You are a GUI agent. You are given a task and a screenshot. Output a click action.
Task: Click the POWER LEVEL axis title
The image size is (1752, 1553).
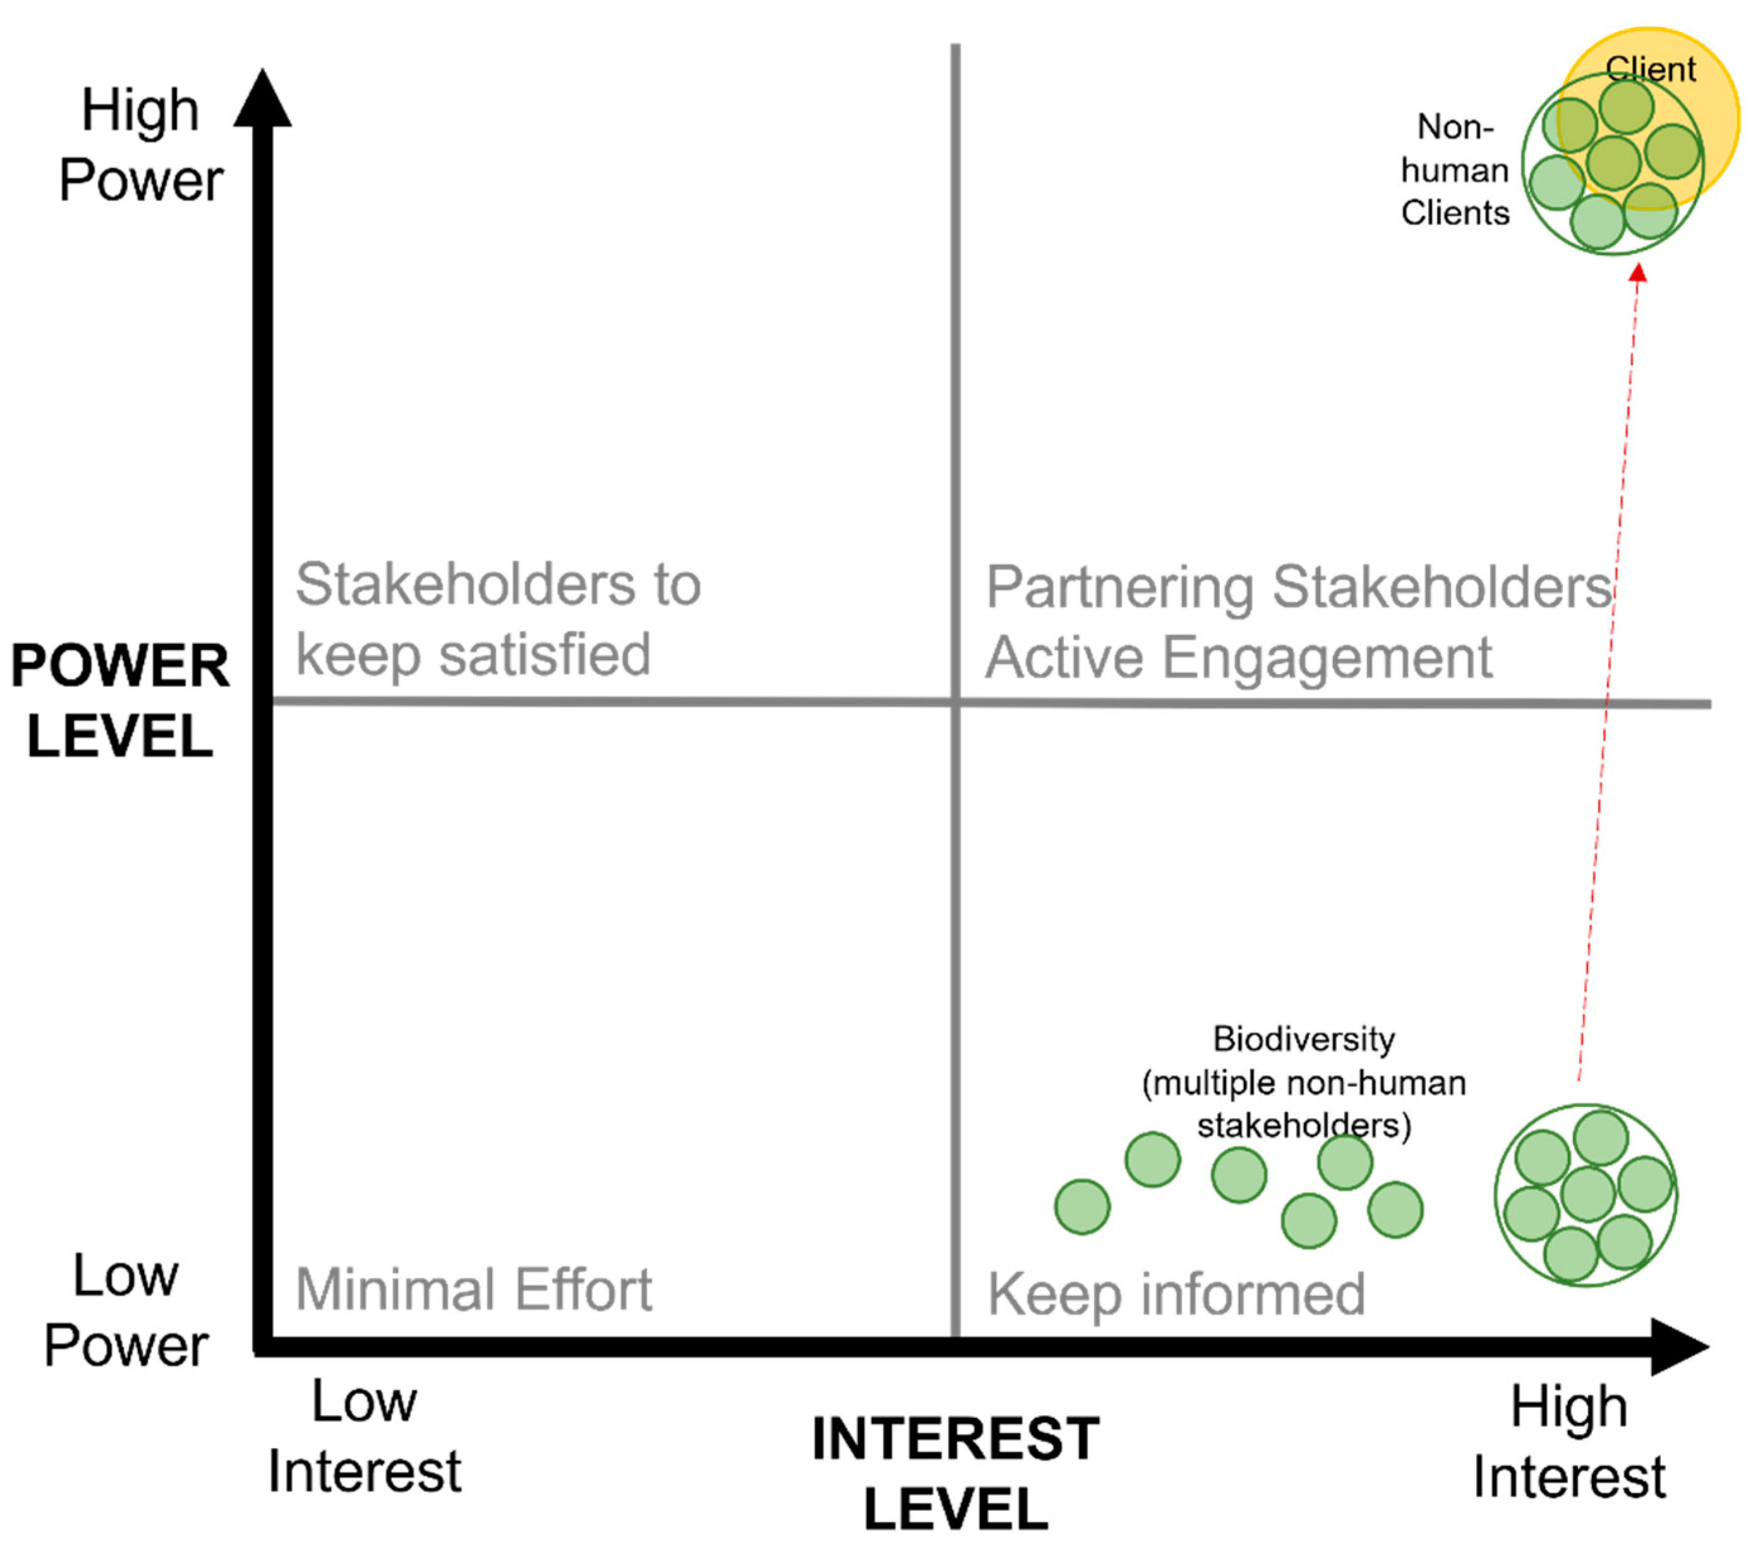[x=120, y=701]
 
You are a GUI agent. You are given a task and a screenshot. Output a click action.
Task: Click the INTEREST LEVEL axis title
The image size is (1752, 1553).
[x=955, y=1473]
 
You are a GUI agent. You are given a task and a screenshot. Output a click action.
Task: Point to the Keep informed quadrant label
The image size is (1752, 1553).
[x=1176, y=1294]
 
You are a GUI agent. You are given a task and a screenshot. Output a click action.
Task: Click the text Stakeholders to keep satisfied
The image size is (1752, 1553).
[x=497, y=619]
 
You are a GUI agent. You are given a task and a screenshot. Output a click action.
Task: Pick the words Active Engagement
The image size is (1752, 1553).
[x=1239, y=658]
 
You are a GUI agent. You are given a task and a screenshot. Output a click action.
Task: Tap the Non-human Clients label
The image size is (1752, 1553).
[x=1455, y=170]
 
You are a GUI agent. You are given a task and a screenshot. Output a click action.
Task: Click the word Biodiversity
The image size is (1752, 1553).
[x=1303, y=1040]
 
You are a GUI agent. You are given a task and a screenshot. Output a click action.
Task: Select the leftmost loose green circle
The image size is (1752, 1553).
[x=1082, y=1207]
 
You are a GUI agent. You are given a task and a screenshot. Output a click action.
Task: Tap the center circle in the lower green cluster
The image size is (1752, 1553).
[x=1588, y=1194]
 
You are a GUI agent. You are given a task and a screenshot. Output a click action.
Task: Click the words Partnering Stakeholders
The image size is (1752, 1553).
[x=1298, y=588]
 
